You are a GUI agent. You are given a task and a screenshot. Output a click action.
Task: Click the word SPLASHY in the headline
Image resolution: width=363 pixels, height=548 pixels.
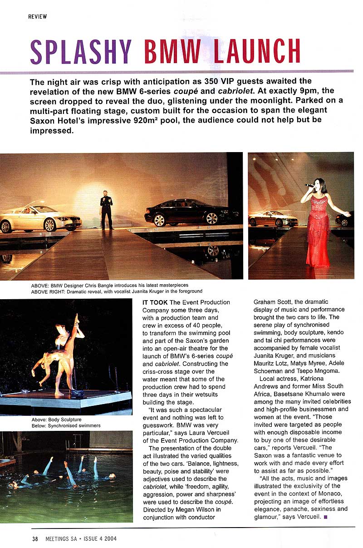click(x=80, y=52)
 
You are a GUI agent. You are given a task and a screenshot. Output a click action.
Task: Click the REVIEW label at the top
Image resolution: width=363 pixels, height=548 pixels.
click(x=37, y=16)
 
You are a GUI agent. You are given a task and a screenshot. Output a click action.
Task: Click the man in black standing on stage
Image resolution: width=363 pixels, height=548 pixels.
click(x=107, y=209)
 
